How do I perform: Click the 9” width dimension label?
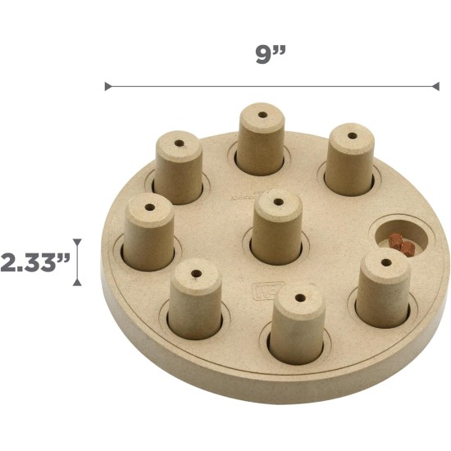coord(271,54)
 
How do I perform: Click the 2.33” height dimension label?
coord(34,262)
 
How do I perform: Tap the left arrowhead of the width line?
coord(108,86)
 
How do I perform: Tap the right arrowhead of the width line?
coord(435,86)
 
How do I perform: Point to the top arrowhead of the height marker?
coord(77,241)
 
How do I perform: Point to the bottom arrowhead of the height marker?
coord(77,283)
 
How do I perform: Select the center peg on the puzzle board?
coord(276,226)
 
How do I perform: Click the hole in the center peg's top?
coord(278,202)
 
